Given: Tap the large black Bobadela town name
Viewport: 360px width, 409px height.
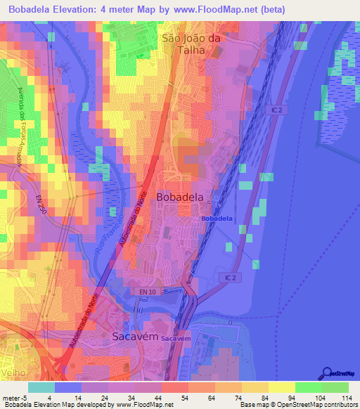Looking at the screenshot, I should coord(181,197).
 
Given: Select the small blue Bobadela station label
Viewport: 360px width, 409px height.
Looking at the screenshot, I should coord(217,219).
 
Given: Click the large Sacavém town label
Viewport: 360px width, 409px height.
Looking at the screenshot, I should coord(133,337).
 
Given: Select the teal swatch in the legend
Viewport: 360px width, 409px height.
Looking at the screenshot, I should coord(41,387).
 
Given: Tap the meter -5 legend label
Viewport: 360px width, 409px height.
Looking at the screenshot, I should coord(15,397).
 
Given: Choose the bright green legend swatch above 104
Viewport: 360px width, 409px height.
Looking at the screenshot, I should coord(308,387).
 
